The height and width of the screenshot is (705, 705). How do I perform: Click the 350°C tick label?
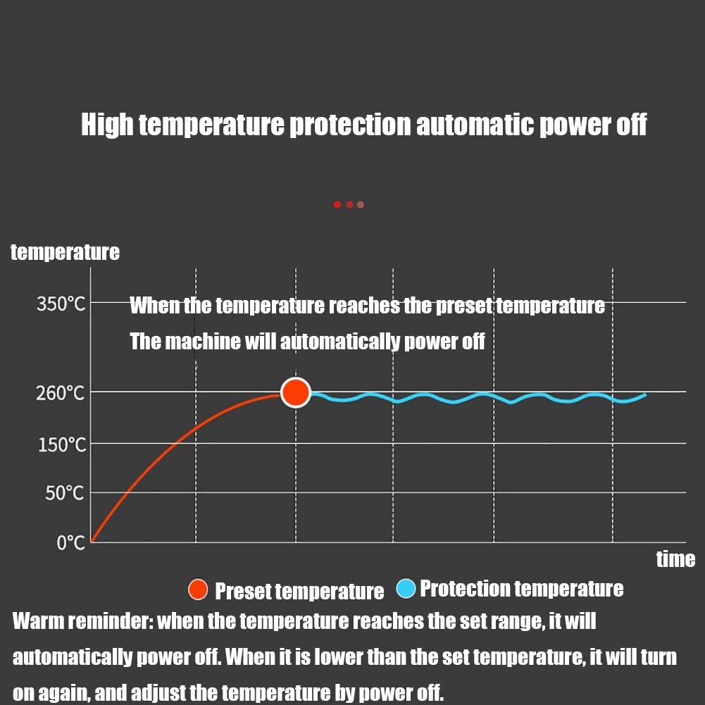point(61,304)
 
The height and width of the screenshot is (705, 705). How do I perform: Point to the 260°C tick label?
point(61,392)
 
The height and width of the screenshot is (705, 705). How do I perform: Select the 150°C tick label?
point(61,445)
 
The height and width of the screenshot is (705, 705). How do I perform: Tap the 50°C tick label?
point(64,493)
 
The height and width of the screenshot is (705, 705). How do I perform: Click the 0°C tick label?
point(70,542)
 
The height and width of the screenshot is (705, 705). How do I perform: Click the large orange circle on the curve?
point(296,392)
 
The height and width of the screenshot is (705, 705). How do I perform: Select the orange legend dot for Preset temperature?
point(199,589)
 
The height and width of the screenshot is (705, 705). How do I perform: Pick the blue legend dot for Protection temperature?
point(406,589)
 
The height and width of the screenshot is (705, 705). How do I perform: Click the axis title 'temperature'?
point(65,252)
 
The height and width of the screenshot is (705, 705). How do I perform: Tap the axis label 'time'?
point(675,559)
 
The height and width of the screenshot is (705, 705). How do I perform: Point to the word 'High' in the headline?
point(107,125)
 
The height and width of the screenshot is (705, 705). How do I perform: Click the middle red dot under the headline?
point(349,205)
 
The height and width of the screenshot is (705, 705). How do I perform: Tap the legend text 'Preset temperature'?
point(299,591)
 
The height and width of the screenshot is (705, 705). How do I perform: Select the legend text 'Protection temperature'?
point(521,589)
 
